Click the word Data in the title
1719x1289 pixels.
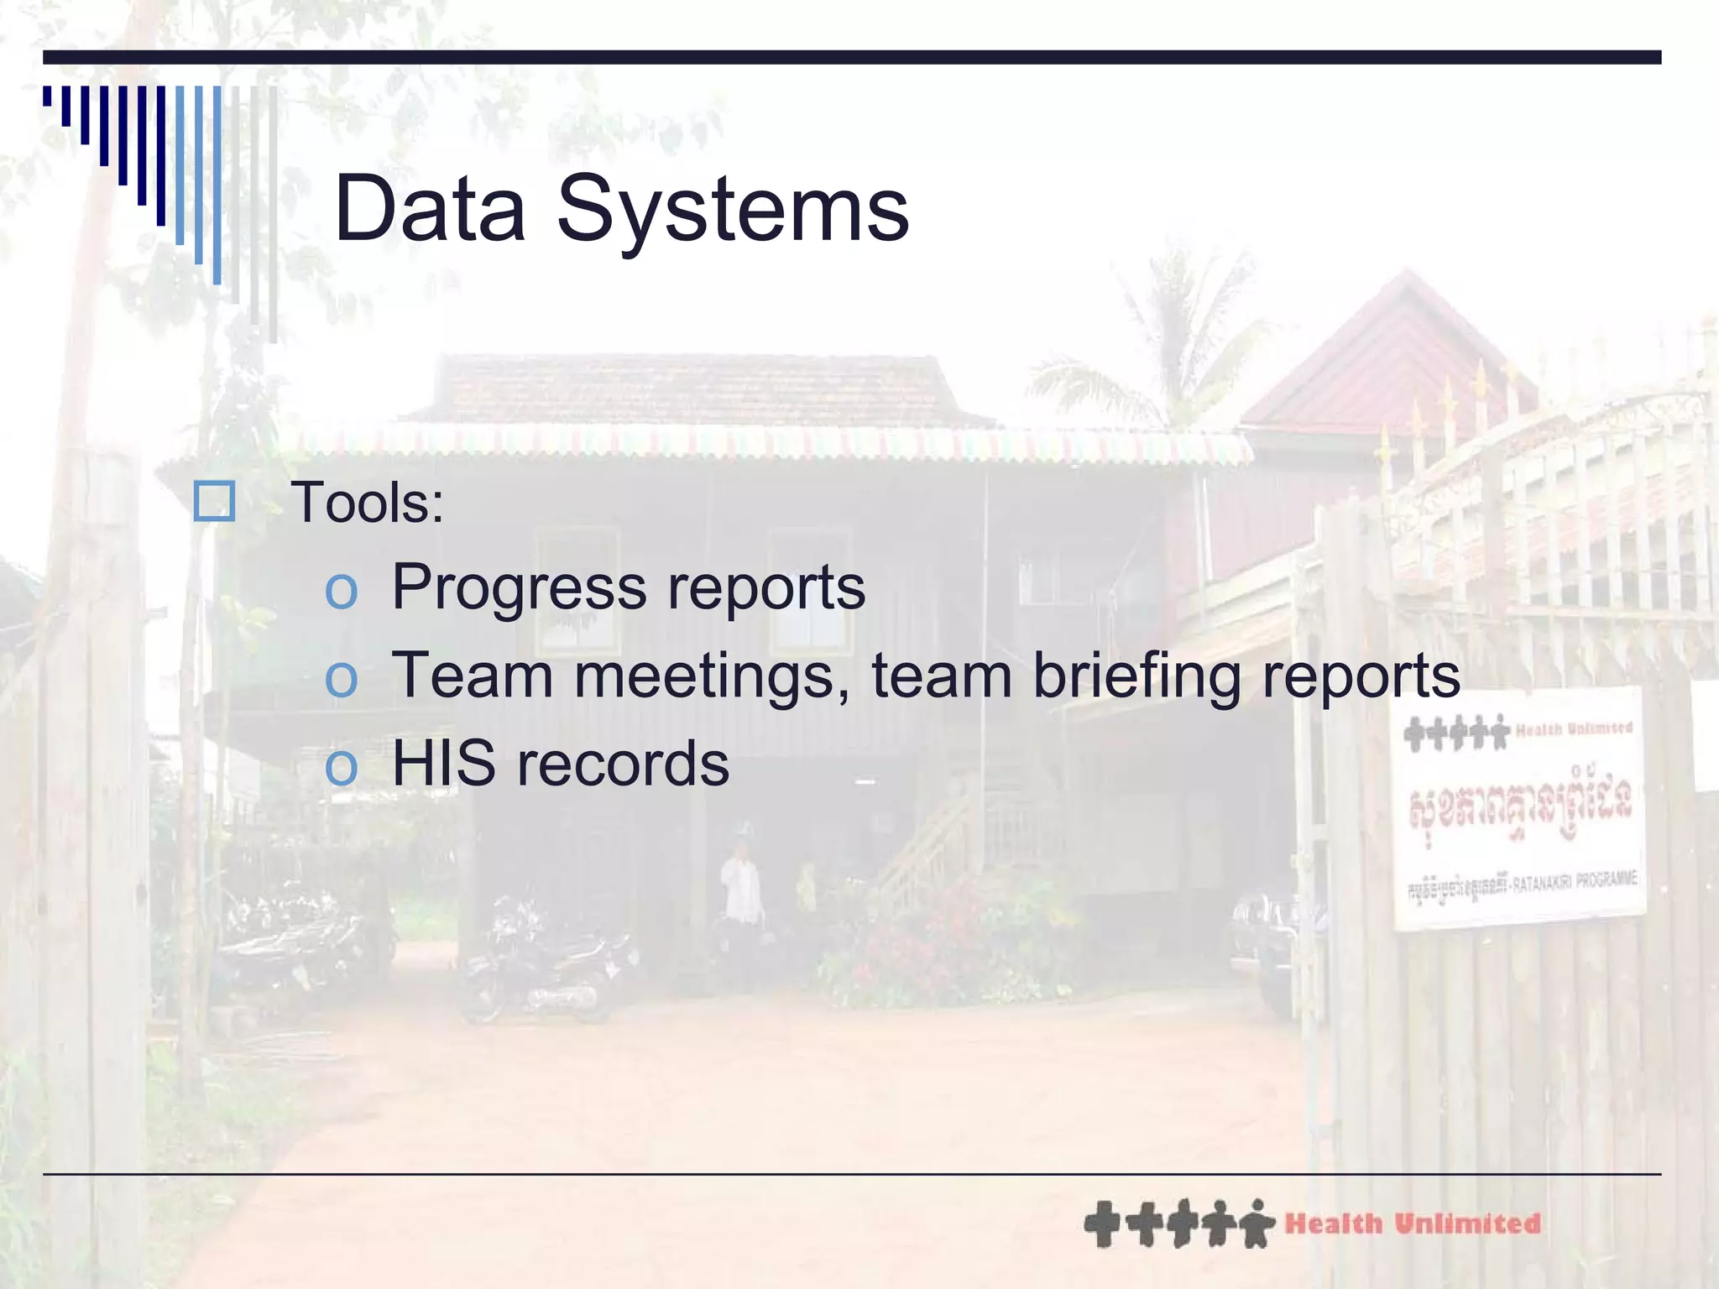(x=429, y=209)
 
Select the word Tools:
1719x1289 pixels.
(x=367, y=504)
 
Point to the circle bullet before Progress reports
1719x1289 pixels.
(x=341, y=591)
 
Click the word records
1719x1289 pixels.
(x=623, y=765)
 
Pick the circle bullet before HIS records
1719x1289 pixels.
(x=341, y=767)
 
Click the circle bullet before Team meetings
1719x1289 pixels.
(x=341, y=679)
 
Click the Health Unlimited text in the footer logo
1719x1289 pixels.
(x=1413, y=1224)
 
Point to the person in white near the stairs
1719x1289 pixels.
(x=741, y=890)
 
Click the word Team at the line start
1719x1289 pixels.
(x=473, y=676)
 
